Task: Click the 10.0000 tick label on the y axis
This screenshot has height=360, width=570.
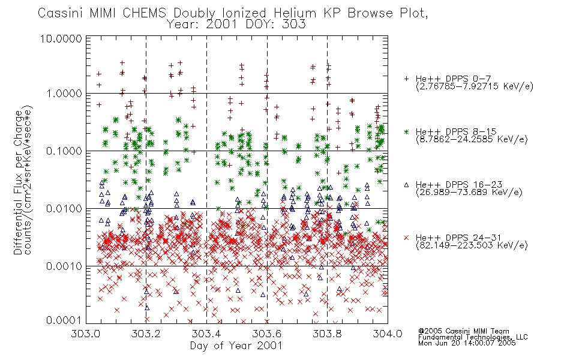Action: click(x=61, y=38)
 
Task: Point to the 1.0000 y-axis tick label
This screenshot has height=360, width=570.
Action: click(x=64, y=94)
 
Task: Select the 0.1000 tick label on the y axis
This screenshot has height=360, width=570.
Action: click(x=64, y=151)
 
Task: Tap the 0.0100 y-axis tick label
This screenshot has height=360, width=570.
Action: click(x=64, y=209)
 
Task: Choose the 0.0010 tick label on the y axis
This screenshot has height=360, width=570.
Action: click(x=64, y=266)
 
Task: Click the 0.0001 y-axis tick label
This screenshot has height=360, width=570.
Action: click(x=64, y=320)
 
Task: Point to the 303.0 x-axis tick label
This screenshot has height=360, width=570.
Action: click(x=86, y=334)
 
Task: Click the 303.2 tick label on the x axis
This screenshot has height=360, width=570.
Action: click(x=146, y=334)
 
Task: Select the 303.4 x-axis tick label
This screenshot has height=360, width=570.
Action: click(x=206, y=334)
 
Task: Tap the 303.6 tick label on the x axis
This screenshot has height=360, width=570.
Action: click(x=267, y=334)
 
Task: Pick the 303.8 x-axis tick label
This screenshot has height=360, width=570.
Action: click(x=327, y=334)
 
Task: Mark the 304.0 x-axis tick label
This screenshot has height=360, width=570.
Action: click(x=388, y=334)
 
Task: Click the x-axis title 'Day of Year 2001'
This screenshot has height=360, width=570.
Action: click(x=236, y=346)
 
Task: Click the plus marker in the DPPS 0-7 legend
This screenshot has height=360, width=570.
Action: click(x=406, y=79)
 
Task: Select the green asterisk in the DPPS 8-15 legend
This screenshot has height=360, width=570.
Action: click(x=406, y=131)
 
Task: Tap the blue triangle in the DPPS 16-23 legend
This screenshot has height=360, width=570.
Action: click(x=406, y=185)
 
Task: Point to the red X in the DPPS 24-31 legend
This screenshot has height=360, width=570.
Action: click(x=406, y=238)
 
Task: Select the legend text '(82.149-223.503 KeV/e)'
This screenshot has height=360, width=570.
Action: click(x=472, y=245)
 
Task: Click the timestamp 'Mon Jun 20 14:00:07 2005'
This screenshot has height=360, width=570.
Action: click(x=467, y=343)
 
